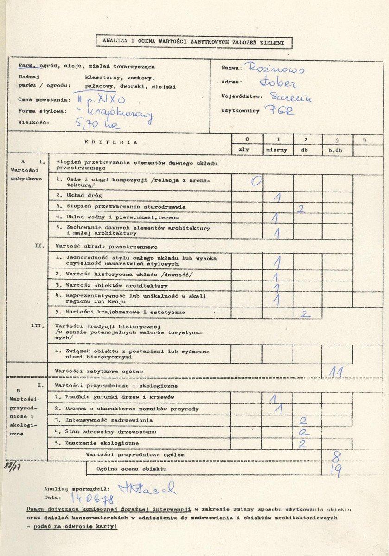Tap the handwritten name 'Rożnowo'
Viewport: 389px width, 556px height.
coord(276,69)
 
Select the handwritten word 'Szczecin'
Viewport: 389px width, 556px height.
coord(291,98)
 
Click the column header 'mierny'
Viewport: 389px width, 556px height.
coord(278,150)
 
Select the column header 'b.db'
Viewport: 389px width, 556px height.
coord(337,150)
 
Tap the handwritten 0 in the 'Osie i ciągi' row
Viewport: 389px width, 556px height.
coord(256,180)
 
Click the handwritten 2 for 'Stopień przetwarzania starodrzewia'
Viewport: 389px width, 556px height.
coord(300,208)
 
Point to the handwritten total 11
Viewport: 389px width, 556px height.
coord(336,371)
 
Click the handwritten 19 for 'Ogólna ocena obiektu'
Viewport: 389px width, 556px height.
coord(336,470)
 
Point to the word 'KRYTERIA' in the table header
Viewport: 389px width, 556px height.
coord(111,142)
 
